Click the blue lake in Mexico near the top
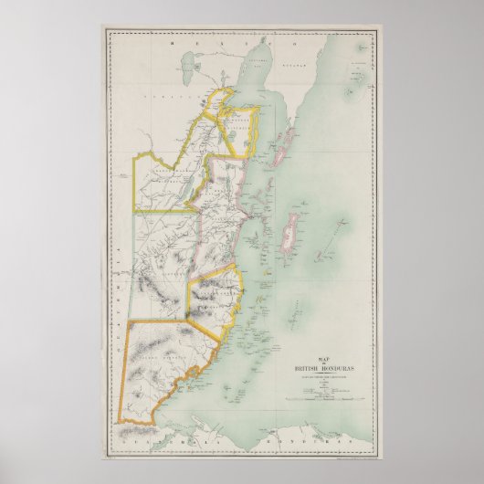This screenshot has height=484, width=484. pyautogui.click(x=193, y=66)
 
